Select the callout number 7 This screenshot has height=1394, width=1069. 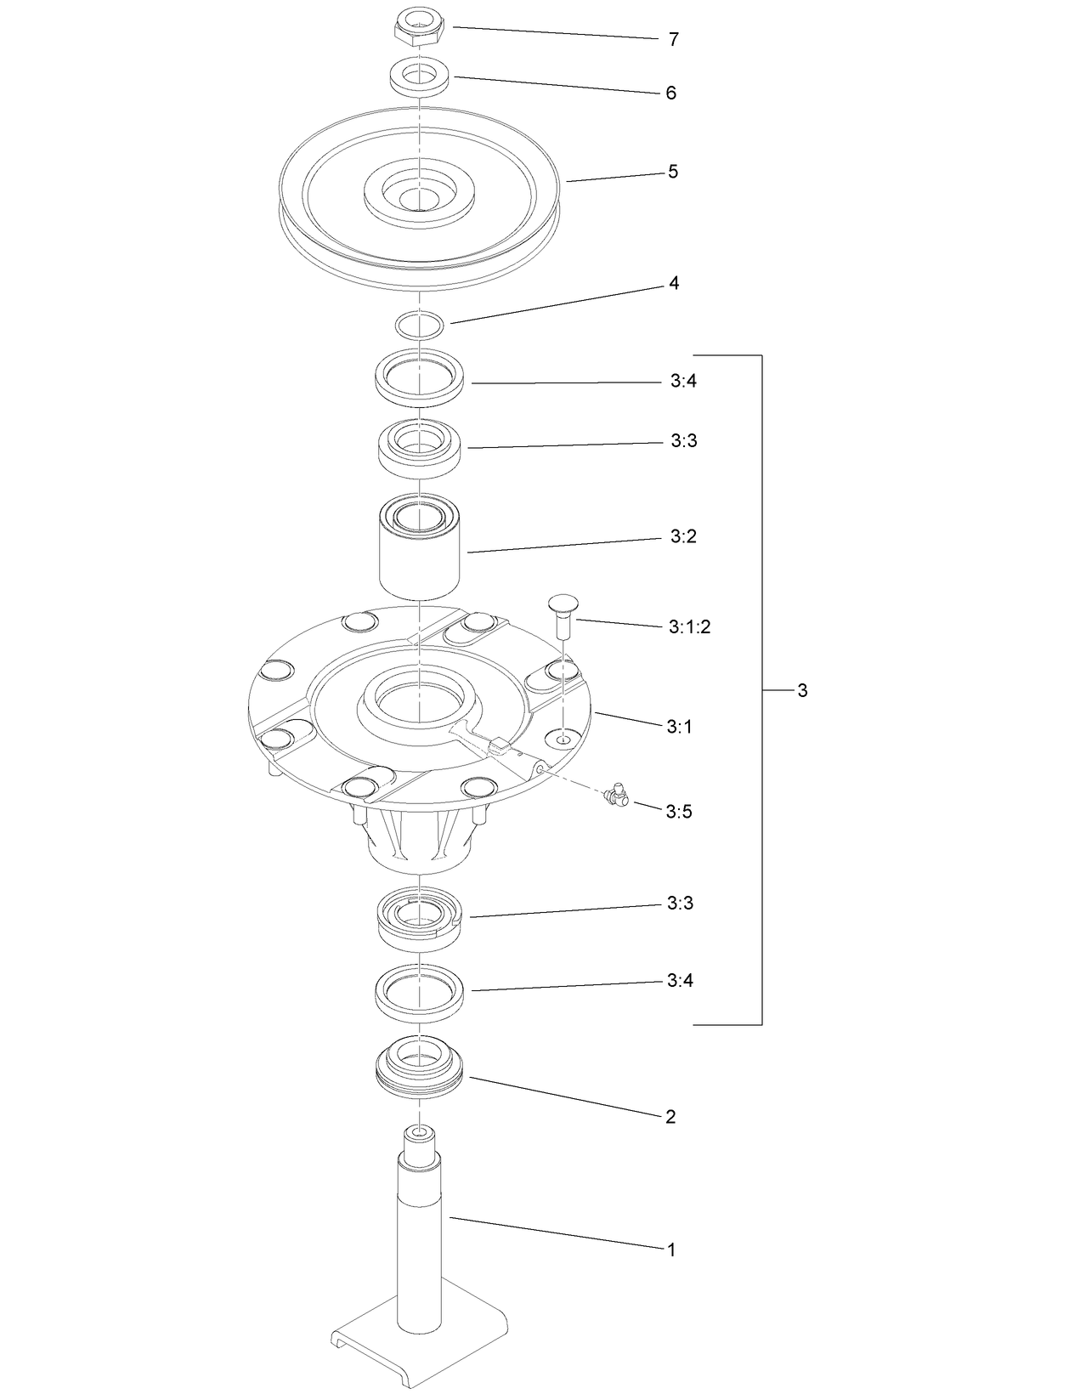(x=673, y=40)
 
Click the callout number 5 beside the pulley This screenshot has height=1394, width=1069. (x=672, y=172)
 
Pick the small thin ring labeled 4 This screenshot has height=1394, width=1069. (x=420, y=326)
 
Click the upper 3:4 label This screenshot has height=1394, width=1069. (x=682, y=382)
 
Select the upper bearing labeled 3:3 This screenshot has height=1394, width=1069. (x=420, y=448)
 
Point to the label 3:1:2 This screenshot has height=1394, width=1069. (x=689, y=627)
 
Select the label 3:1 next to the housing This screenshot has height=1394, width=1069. (x=679, y=727)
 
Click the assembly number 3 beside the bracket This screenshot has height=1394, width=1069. (x=802, y=690)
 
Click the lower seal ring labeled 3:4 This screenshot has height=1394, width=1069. (x=420, y=991)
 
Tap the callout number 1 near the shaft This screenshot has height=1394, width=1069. (x=670, y=1250)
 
